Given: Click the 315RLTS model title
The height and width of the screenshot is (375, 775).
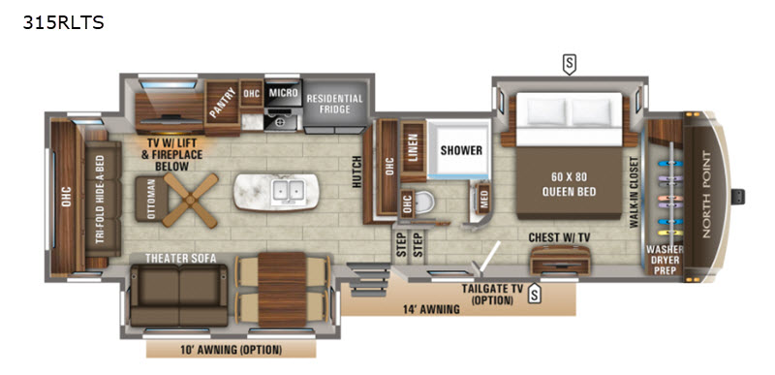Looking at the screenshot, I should (62, 21).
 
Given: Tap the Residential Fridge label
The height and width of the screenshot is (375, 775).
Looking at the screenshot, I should (334, 106).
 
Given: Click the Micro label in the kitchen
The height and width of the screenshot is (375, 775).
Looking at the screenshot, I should (282, 93).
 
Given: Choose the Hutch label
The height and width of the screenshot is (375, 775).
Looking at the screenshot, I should (356, 174).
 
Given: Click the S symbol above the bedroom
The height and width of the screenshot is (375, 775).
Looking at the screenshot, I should (570, 64).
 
